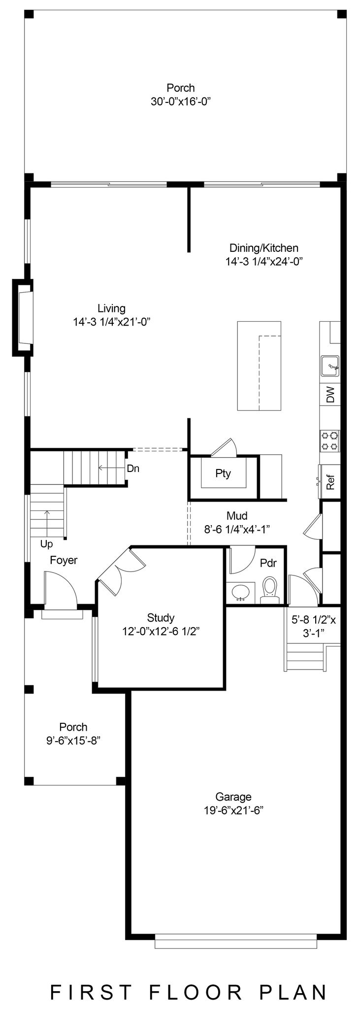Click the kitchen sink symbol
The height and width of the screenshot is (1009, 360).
[329, 366]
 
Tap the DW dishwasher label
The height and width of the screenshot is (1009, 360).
[330, 394]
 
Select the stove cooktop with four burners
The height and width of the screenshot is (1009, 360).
[329, 440]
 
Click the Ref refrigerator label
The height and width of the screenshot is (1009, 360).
[330, 482]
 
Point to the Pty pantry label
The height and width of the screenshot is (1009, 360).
[223, 474]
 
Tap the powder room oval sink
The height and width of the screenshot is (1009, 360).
[241, 591]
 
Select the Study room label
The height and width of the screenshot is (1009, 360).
[161, 618]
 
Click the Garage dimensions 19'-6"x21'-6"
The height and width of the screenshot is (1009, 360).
[233, 811]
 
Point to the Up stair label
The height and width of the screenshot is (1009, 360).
[47, 544]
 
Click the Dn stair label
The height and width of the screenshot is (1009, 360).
[133, 469]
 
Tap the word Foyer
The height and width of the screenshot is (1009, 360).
[64, 560]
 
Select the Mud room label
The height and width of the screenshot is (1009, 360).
[237, 516]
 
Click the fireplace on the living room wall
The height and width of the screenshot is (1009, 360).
[23, 317]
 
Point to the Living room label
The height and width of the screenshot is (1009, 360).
[111, 308]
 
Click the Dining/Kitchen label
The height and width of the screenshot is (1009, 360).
[264, 248]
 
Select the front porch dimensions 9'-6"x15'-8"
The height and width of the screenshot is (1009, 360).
[73, 741]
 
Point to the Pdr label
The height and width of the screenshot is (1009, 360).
[268, 563]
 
